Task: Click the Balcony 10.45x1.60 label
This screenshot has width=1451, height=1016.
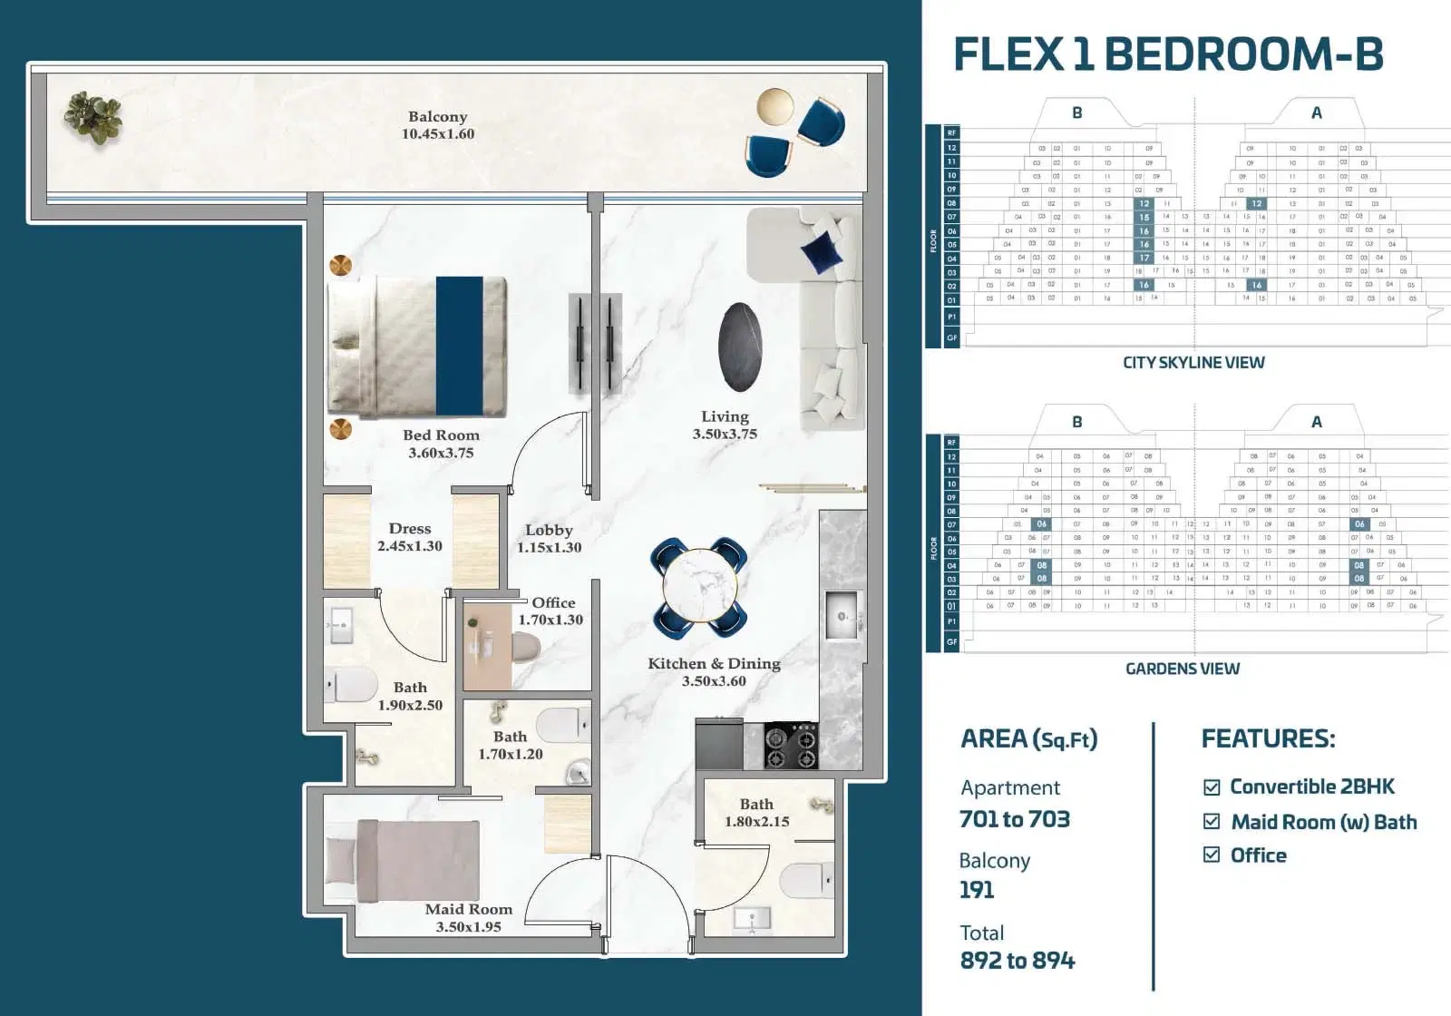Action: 438,125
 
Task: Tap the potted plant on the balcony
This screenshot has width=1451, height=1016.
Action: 93,118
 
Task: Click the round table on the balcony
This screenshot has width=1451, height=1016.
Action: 774,106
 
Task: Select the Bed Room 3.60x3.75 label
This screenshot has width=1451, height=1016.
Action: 441,444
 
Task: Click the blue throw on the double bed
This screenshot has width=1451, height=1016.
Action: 459,346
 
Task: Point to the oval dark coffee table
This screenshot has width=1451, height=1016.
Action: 740,347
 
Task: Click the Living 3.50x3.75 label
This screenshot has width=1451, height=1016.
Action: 725,425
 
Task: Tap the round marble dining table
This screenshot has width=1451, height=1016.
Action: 699,587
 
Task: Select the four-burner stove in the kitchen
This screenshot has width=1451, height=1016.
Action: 791,746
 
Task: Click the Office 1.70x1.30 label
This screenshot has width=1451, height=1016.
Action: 551,611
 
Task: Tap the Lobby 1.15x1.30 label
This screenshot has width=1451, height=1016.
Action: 549,538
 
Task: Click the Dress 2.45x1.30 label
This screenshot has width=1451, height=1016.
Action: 410,537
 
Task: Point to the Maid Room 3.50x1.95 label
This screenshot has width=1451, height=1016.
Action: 468,917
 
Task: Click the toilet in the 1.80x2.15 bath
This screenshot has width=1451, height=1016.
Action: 804,879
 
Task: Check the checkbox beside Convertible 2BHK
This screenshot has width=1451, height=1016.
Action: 1212,787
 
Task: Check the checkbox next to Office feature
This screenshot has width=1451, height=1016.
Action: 1212,855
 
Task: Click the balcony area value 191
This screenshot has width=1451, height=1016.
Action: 977,890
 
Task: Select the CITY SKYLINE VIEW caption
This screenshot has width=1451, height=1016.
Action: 1193,363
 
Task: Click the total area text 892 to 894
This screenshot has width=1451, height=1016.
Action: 1018,961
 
